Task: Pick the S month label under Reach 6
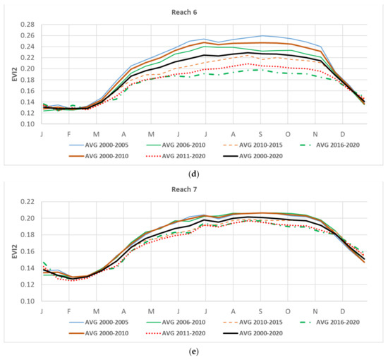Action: (260, 133)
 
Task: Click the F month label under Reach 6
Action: (68, 133)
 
